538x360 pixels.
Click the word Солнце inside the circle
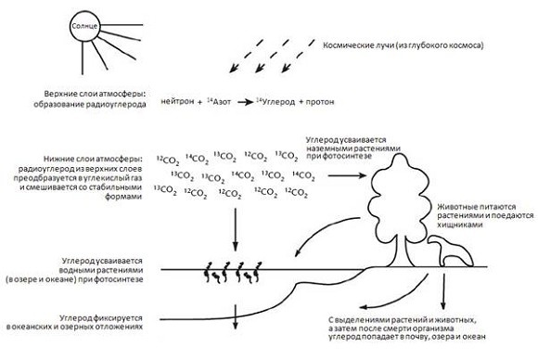click(x=84, y=26)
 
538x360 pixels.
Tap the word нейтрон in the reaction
click(x=177, y=101)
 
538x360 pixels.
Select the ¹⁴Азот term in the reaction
click(x=219, y=101)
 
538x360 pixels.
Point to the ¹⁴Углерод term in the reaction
click(x=275, y=102)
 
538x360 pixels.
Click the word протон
click(x=320, y=102)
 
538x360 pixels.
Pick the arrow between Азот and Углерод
click(x=245, y=102)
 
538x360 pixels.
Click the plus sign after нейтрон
click(x=200, y=102)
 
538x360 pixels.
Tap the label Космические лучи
click(x=357, y=45)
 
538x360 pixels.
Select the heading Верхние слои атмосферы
click(x=96, y=94)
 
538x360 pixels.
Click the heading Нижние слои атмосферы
click(x=93, y=160)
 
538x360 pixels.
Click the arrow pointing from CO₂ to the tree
click(x=347, y=175)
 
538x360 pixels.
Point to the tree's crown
click(x=399, y=192)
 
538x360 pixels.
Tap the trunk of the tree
click(x=400, y=254)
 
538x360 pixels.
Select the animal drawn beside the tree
click(x=451, y=251)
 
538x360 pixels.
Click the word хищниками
click(x=460, y=225)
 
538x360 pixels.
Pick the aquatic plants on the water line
click(x=233, y=272)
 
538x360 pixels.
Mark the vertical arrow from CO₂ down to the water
click(x=235, y=229)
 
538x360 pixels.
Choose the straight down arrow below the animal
click(x=443, y=291)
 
